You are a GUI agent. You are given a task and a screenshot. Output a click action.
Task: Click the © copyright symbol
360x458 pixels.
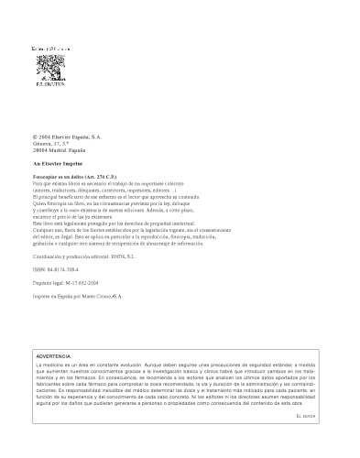(x=34, y=136)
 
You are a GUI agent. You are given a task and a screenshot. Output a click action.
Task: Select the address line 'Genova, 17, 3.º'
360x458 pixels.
(x=52, y=143)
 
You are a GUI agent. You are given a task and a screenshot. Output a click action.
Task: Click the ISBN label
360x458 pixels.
(x=38, y=272)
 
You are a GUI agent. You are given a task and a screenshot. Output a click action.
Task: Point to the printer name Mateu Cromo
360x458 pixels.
(x=100, y=298)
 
